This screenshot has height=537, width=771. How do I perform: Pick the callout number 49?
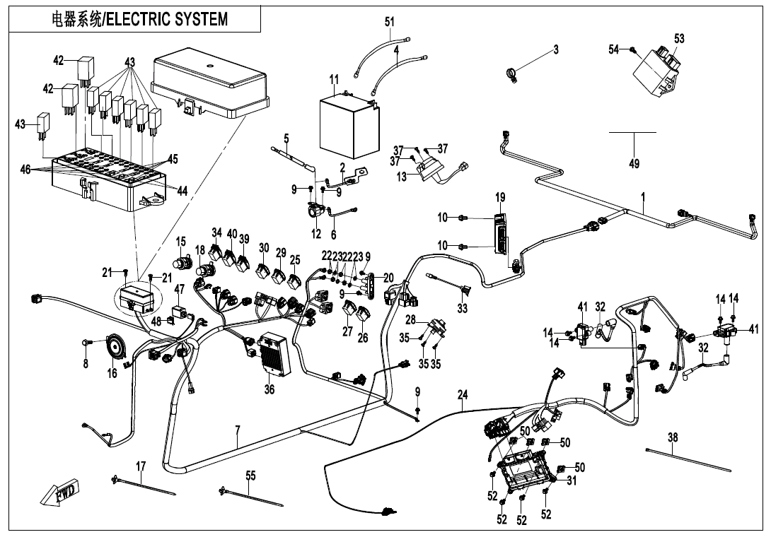tap(634, 164)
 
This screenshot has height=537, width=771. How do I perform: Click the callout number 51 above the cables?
tap(390, 22)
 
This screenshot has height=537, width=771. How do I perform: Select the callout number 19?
tap(500, 196)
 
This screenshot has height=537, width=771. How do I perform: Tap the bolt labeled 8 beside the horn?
tap(86, 343)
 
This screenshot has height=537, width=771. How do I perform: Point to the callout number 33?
tap(462, 308)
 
